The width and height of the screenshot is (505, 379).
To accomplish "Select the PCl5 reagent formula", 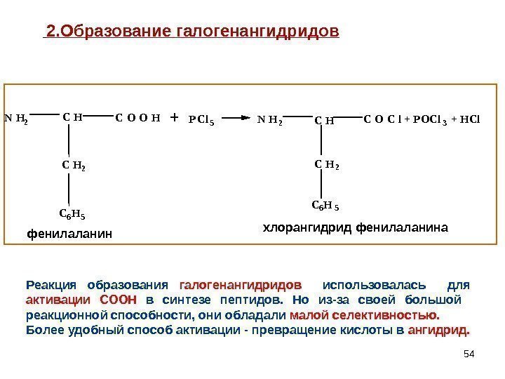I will pyautogui.click(x=201, y=120).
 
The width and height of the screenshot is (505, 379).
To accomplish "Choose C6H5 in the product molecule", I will pyautogui.click(x=325, y=206).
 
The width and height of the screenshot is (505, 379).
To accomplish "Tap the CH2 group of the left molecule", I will pyautogui.click(x=73, y=166).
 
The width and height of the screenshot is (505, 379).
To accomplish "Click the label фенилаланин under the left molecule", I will pyautogui.click(x=69, y=232).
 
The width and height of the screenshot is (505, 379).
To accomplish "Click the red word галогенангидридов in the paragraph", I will pyautogui.click(x=241, y=286).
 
